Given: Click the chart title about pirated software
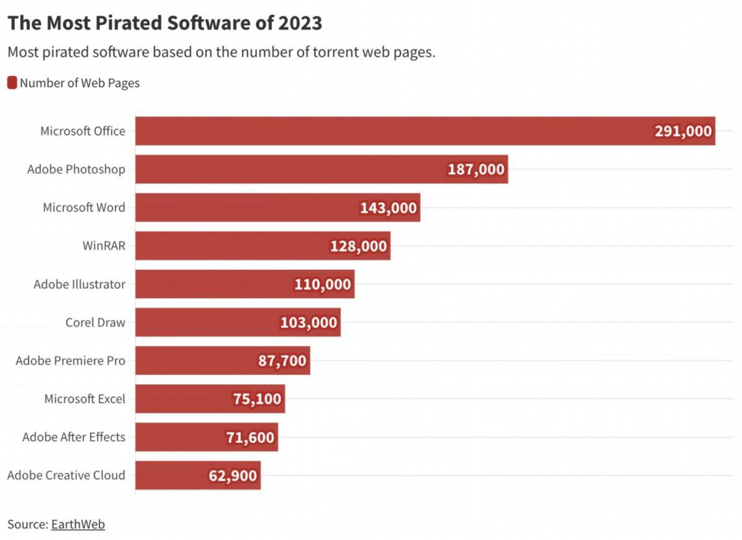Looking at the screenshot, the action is click(164, 23).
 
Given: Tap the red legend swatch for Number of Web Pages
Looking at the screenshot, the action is click(12, 82).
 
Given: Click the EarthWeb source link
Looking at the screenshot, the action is click(78, 525).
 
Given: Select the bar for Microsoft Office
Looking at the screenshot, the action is click(425, 131).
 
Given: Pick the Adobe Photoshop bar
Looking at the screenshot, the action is click(322, 169).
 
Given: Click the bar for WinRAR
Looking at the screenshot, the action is click(263, 246).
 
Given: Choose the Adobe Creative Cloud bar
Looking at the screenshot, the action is click(198, 475).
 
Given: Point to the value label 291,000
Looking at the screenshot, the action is click(683, 131).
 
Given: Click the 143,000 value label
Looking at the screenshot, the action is click(388, 208).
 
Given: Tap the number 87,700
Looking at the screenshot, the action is click(282, 361).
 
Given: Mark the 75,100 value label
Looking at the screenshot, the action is click(257, 399).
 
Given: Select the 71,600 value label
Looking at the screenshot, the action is click(250, 437).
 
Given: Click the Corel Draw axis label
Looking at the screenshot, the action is click(95, 322).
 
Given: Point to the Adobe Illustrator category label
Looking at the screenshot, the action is click(80, 285).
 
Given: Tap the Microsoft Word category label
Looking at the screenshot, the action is click(84, 207).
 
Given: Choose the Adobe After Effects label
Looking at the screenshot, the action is click(74, 437).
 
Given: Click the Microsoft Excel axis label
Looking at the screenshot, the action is click(85, 399).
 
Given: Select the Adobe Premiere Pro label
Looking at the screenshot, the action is click(70, 361).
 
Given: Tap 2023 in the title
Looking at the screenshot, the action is click(300, 23).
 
